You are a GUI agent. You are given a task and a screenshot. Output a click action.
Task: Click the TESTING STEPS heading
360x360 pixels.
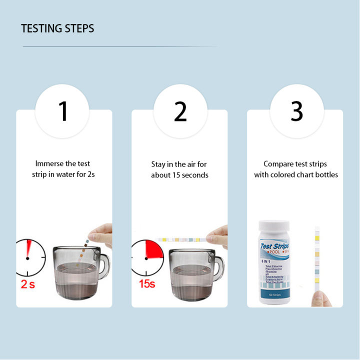click(x=57, y=28)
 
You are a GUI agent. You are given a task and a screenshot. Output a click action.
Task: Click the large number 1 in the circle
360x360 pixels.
click(x=63, y=111)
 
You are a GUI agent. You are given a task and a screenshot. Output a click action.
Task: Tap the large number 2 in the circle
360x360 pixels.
click(x=180, y=111)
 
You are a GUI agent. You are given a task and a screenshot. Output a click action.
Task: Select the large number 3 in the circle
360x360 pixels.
click(x=297, y=111)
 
